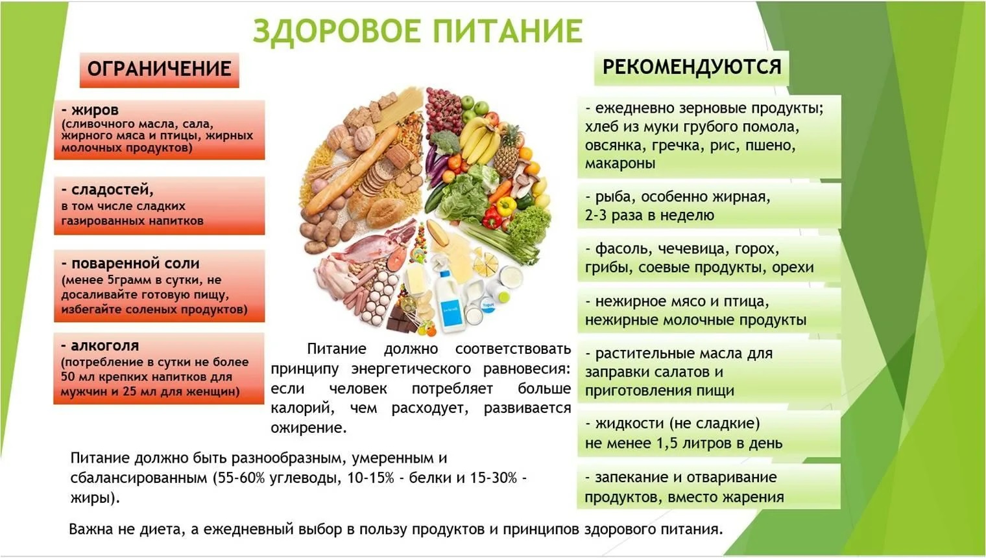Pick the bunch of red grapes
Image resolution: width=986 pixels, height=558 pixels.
tap(442, 107)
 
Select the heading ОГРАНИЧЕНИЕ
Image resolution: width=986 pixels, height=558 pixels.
tap(159, 69)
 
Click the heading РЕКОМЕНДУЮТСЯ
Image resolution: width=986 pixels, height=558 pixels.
tap(691, 67)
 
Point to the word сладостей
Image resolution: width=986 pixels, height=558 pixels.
tap(112, 190)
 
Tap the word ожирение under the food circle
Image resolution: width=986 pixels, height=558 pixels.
tap(309, 428)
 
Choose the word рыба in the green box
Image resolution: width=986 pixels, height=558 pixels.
tap(611, 196)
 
